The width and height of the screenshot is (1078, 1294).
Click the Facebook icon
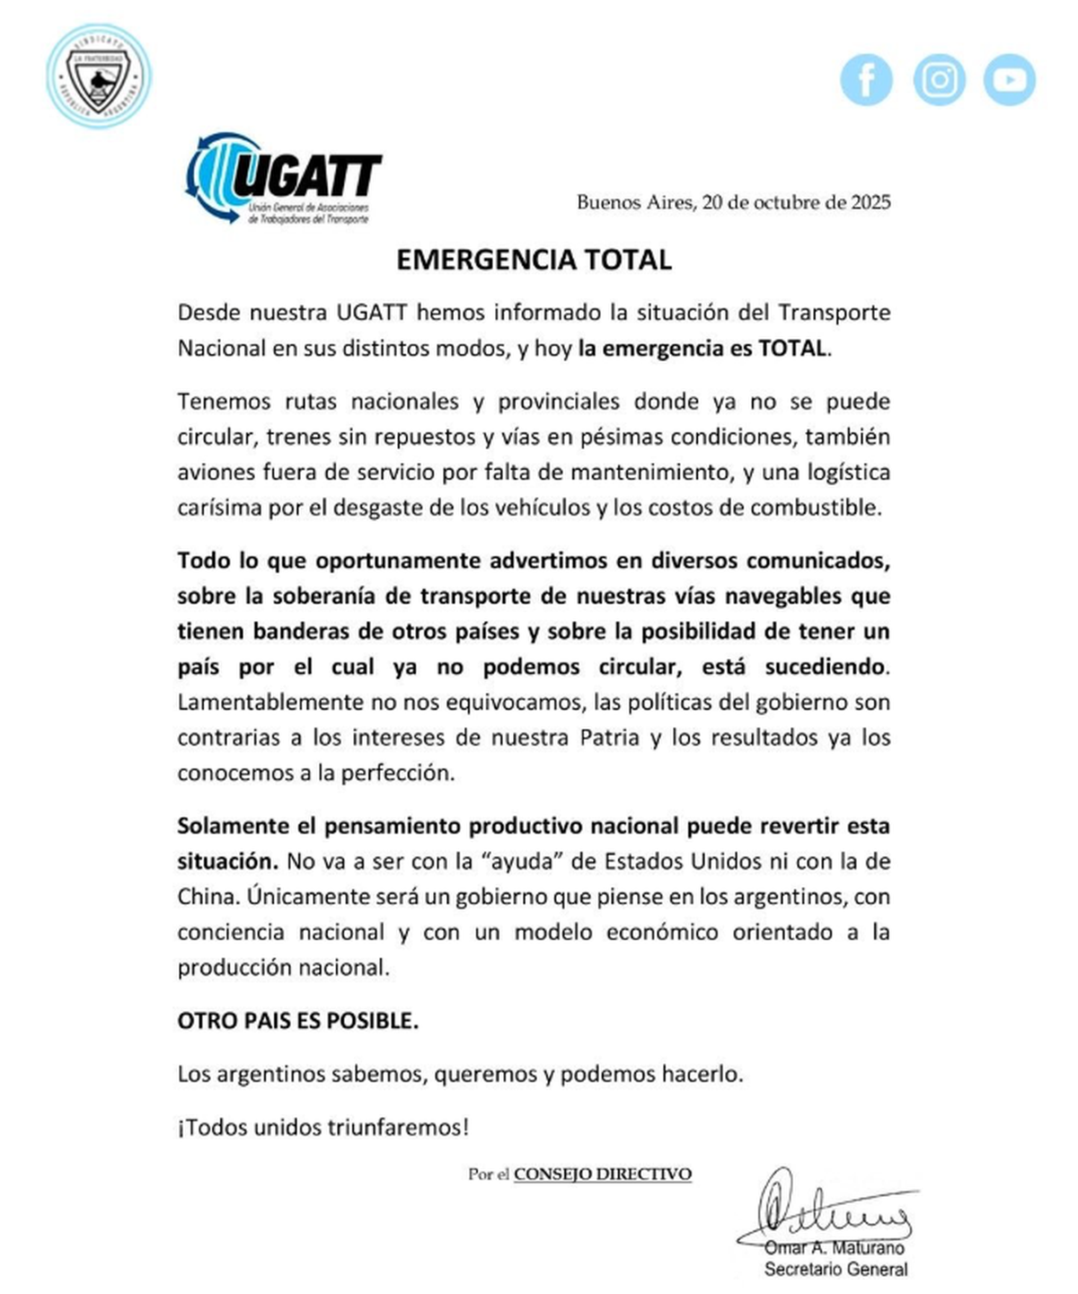866,80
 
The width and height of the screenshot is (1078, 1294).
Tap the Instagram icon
939,80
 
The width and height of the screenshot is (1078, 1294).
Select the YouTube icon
1010,80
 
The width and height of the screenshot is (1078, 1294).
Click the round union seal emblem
99,75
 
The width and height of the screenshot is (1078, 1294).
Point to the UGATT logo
284,178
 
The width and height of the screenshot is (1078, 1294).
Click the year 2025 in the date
871,202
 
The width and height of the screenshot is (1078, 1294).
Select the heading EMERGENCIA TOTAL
534,260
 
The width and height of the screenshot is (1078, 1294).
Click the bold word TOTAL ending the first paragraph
792,348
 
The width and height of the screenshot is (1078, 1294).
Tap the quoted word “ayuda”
523,861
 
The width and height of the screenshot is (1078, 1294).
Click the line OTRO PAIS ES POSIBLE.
297,1021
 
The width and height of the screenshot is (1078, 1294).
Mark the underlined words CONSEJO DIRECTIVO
602,1174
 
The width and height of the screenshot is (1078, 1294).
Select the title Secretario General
835,1269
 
